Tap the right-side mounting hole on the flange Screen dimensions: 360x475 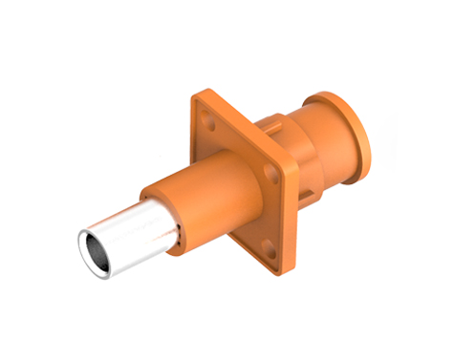278,173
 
